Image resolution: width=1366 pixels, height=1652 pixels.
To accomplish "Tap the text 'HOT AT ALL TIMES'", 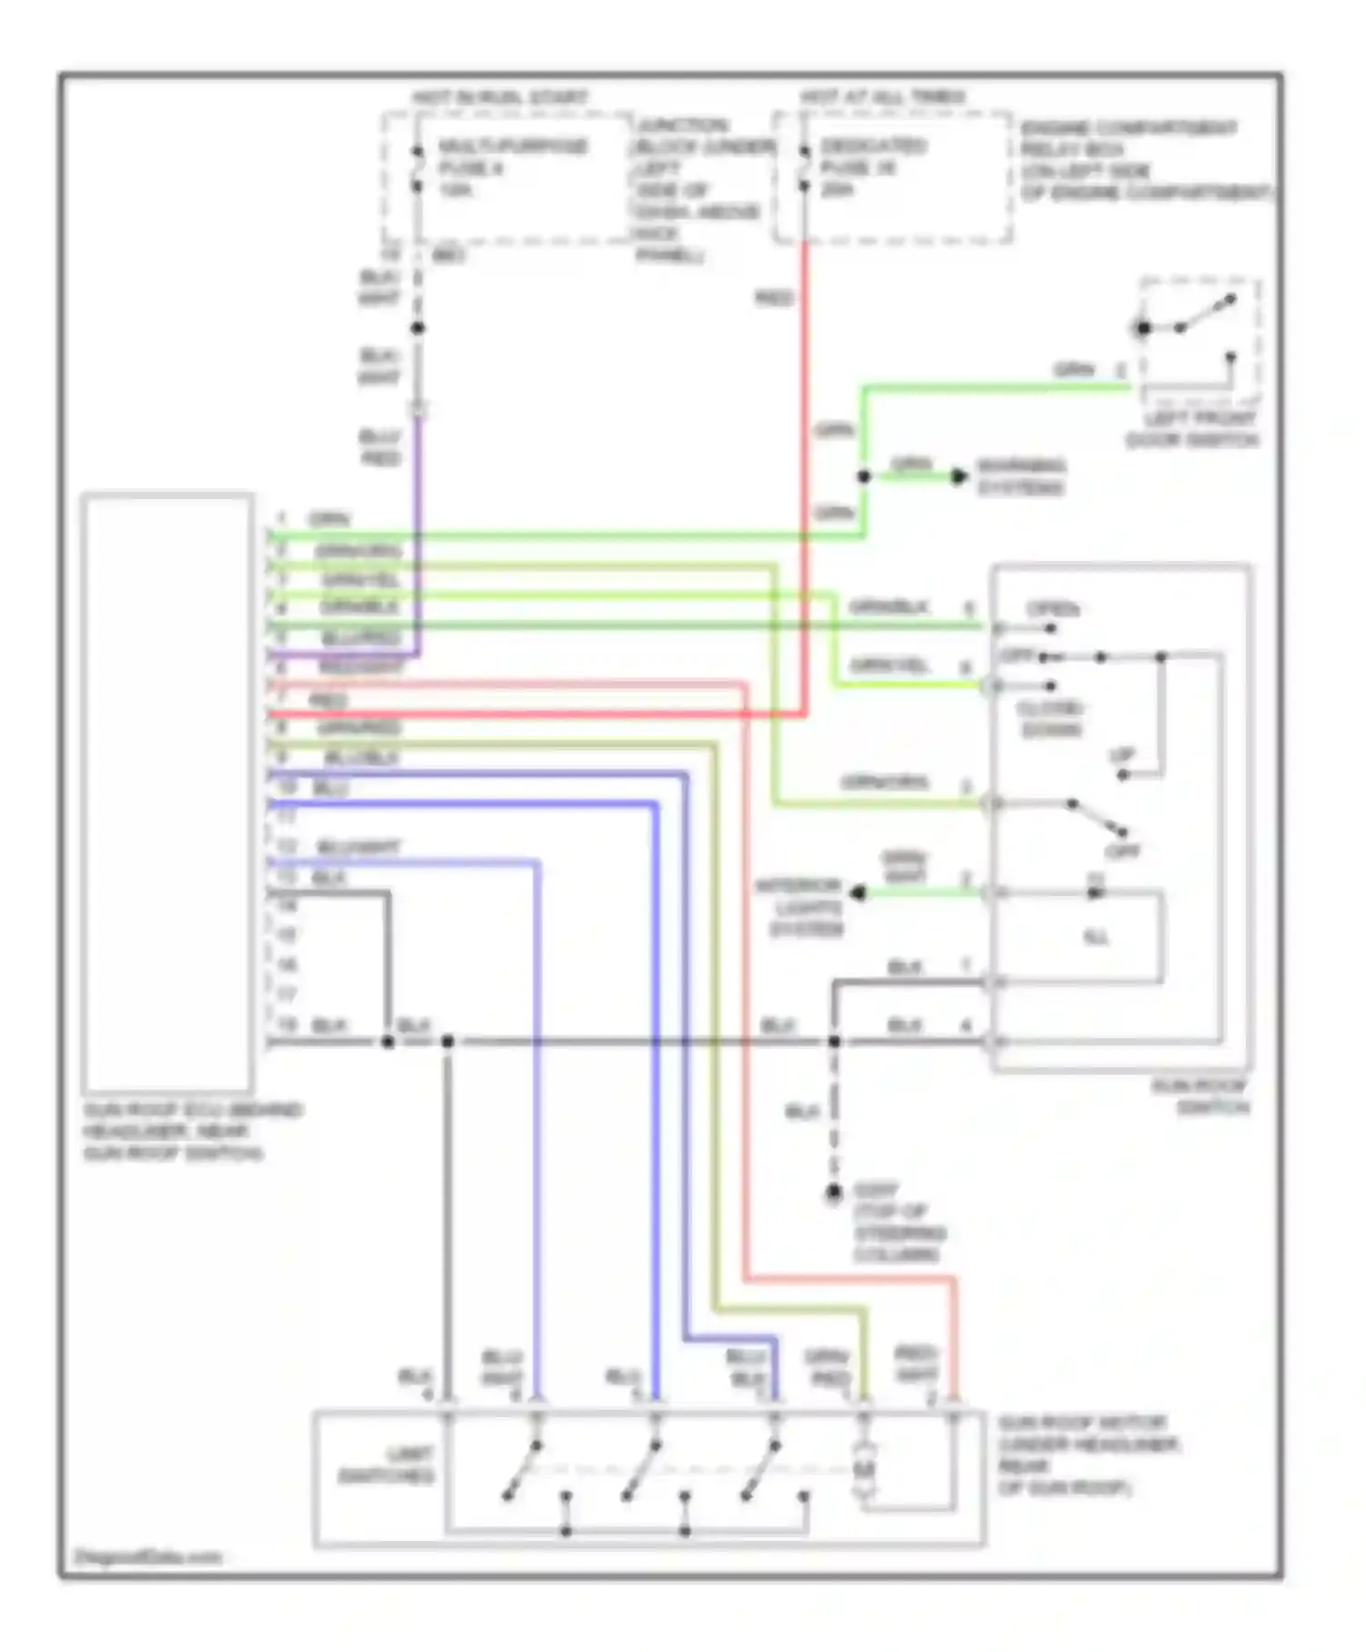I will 882,97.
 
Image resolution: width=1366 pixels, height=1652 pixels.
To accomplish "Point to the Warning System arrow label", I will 1020,476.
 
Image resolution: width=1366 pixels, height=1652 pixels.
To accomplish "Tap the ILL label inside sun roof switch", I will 1096,937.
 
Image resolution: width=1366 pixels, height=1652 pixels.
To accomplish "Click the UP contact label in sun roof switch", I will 1122,755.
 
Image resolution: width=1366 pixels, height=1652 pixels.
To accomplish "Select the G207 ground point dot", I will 833,1192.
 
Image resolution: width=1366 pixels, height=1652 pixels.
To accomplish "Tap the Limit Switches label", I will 386,1463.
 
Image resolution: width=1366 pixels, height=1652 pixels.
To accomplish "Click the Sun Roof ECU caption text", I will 191,1131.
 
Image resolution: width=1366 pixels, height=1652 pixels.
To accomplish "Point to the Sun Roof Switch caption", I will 1200,1096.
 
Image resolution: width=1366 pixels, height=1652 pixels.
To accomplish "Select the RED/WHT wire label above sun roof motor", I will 916,1363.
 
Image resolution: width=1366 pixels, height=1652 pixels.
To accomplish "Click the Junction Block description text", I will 697,189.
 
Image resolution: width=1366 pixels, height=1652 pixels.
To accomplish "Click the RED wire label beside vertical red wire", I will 774,298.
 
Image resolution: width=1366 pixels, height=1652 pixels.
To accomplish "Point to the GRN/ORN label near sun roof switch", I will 883,782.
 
